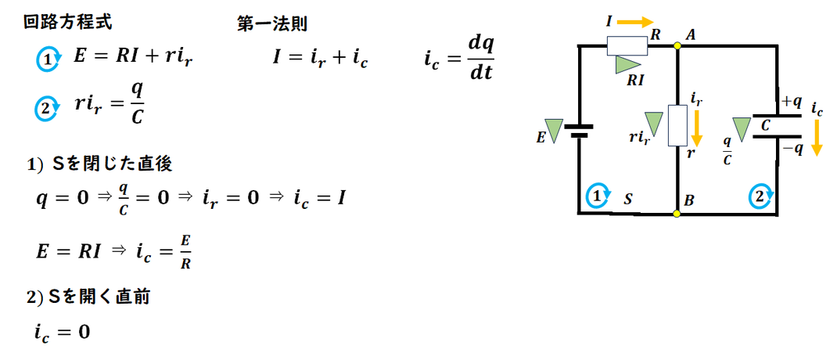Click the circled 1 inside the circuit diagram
598,196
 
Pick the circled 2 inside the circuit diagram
760,196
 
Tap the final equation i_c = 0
63,332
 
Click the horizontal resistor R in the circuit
627,46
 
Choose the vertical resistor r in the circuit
677,126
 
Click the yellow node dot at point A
677,45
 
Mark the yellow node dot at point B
677,212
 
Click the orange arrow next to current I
637,22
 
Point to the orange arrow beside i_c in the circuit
817,138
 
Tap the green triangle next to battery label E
553,131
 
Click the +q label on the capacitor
791,102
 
